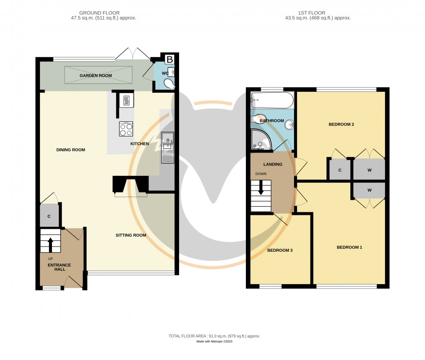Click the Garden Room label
click(x=95, y=75)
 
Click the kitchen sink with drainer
click(x=167, y=148)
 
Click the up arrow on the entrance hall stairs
click(x=50, y=244)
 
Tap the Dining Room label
click(x=71, y=150)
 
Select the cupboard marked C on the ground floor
click(x=49, y=216)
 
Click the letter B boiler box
click(x=170, y=59)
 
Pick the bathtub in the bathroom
click(x=272, y=100)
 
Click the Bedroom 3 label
click(x=280, y=250)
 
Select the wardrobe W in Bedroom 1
click(x=369, y=190)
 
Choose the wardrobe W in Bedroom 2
click(x=369, y=170)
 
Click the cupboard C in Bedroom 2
click(x=340, y=170)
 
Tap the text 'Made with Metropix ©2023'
click(x=214, y=342)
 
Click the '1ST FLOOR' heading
click(x=314, y=13)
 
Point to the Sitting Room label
click(x=131, y=235)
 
